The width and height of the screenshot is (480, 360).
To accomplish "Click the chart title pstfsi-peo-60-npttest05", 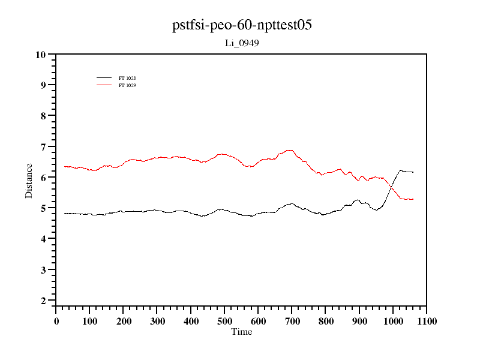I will click(x=242, y=26).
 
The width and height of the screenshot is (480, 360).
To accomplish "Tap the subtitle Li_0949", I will click(x=242, y=43).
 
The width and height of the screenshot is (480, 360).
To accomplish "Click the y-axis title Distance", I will click(x=29, y=180).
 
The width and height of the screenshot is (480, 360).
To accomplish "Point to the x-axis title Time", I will click(x=242, y=332).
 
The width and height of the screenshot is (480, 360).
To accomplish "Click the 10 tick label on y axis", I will click(x=41, y=55).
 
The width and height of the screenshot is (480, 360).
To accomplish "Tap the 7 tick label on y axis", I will click(x=43, y=147).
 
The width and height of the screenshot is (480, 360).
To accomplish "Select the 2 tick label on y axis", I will click(x=43, y=301).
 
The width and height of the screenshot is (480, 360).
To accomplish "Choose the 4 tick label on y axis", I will click(x=43, y=239).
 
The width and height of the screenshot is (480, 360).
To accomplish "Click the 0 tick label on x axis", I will click(x=56, y=321).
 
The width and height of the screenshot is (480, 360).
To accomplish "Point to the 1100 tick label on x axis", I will click(x=426, y=321).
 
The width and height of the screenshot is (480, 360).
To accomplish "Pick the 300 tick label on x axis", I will click(x=157, y=321).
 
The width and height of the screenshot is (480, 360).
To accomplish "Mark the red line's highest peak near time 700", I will click(x=290, y=150).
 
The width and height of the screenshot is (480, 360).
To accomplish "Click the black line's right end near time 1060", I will click(x=413, y=172).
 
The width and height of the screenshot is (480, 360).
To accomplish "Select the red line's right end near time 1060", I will click(x=413, y=199).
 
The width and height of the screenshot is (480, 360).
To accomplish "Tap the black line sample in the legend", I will click(x=104, y=78).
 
